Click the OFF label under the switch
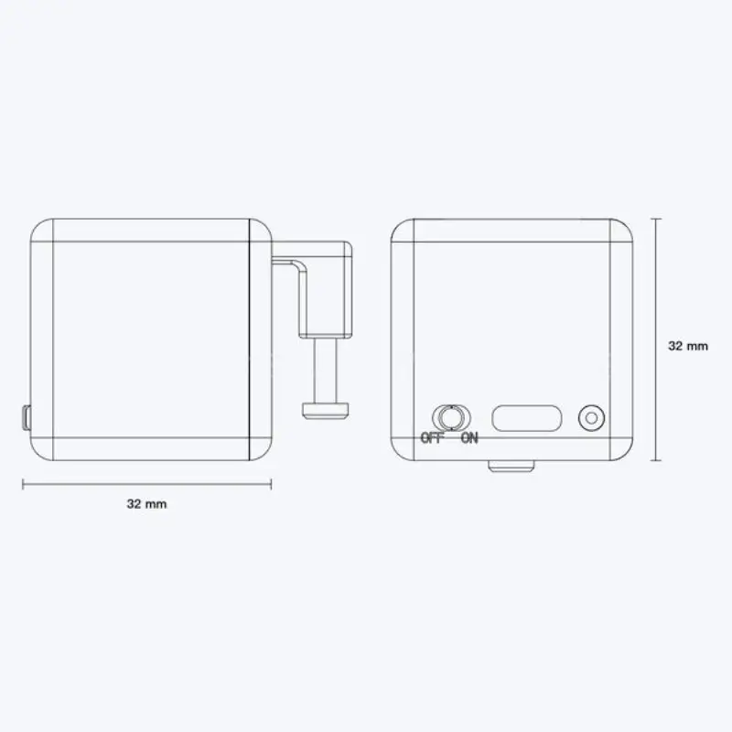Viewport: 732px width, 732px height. [x=431, y=438]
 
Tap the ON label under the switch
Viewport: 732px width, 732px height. [x=469, y=438]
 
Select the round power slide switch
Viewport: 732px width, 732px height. [x=451, y=417]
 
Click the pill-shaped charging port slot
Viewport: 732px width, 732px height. [x=527, y=418]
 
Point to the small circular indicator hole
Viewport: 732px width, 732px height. [x=591, y=418]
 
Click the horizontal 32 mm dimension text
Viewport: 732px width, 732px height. [x=146, y=504]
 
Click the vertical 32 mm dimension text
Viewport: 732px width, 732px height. [x=688, y=346]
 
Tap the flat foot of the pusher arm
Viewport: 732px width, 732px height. [x=326, y=410]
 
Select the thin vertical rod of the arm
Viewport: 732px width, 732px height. [x=326, y=371]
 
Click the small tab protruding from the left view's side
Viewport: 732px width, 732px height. [x=27, y=418]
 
